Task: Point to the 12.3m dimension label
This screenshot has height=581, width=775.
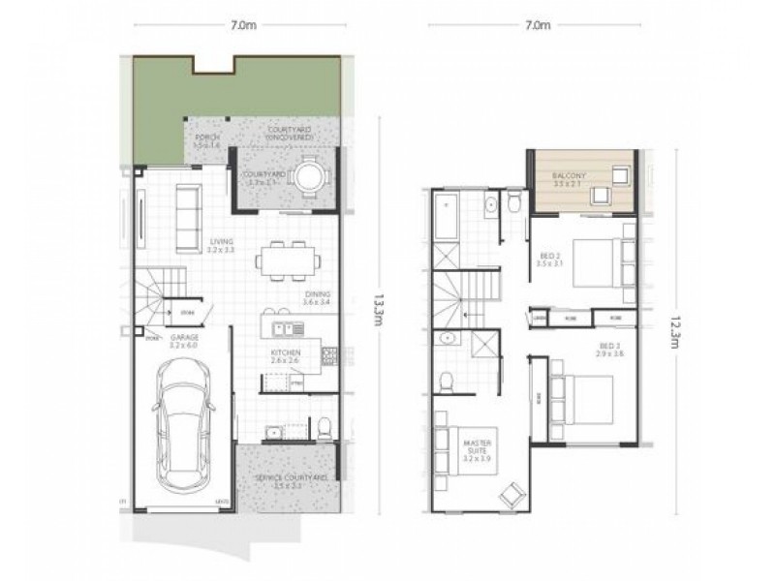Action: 671,323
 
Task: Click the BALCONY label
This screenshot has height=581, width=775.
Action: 568,175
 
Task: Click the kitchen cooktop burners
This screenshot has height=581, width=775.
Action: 328,355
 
